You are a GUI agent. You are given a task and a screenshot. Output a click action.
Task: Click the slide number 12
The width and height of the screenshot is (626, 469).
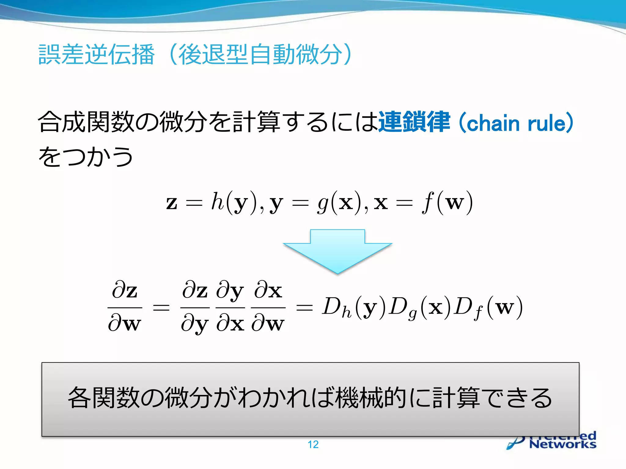(x=313, y=444)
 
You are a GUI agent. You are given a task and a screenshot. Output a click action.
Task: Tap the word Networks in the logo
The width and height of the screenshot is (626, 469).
(x=562, y=444)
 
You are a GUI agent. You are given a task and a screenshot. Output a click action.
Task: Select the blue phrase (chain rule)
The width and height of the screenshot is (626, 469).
(x=516, y=123)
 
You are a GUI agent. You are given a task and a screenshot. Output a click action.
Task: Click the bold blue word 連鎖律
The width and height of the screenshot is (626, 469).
(x=414, y=122)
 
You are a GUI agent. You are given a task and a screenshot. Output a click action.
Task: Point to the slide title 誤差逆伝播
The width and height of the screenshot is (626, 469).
(x=97, y=54)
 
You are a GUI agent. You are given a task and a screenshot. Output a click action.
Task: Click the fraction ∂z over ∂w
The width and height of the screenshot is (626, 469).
(x=125, y=307)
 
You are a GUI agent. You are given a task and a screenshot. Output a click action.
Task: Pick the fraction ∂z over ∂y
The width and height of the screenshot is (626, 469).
(x=195, y=307)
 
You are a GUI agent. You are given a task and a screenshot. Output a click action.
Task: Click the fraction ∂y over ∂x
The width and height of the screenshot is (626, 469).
(x=230, y=307)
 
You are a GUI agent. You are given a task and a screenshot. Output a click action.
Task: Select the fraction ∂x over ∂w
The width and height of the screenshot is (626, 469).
(x=268, y=307)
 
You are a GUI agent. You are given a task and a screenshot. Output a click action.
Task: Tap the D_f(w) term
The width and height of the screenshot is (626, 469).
(x=488, y=308)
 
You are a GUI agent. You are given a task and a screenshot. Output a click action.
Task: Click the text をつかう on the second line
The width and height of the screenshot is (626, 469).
(x=86, y=156)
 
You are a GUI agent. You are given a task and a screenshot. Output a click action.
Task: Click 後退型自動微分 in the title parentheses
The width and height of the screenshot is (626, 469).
(x=260, y=54)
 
